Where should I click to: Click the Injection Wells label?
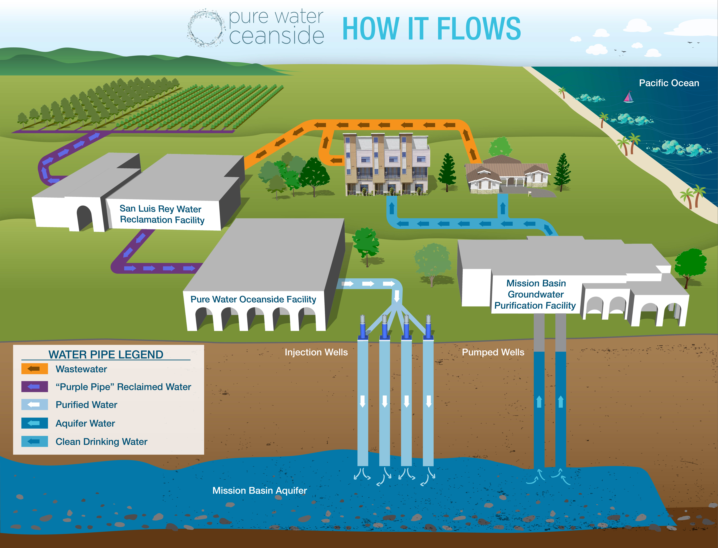(x=316, y=352)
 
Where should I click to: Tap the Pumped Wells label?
(x=493, y=352)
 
